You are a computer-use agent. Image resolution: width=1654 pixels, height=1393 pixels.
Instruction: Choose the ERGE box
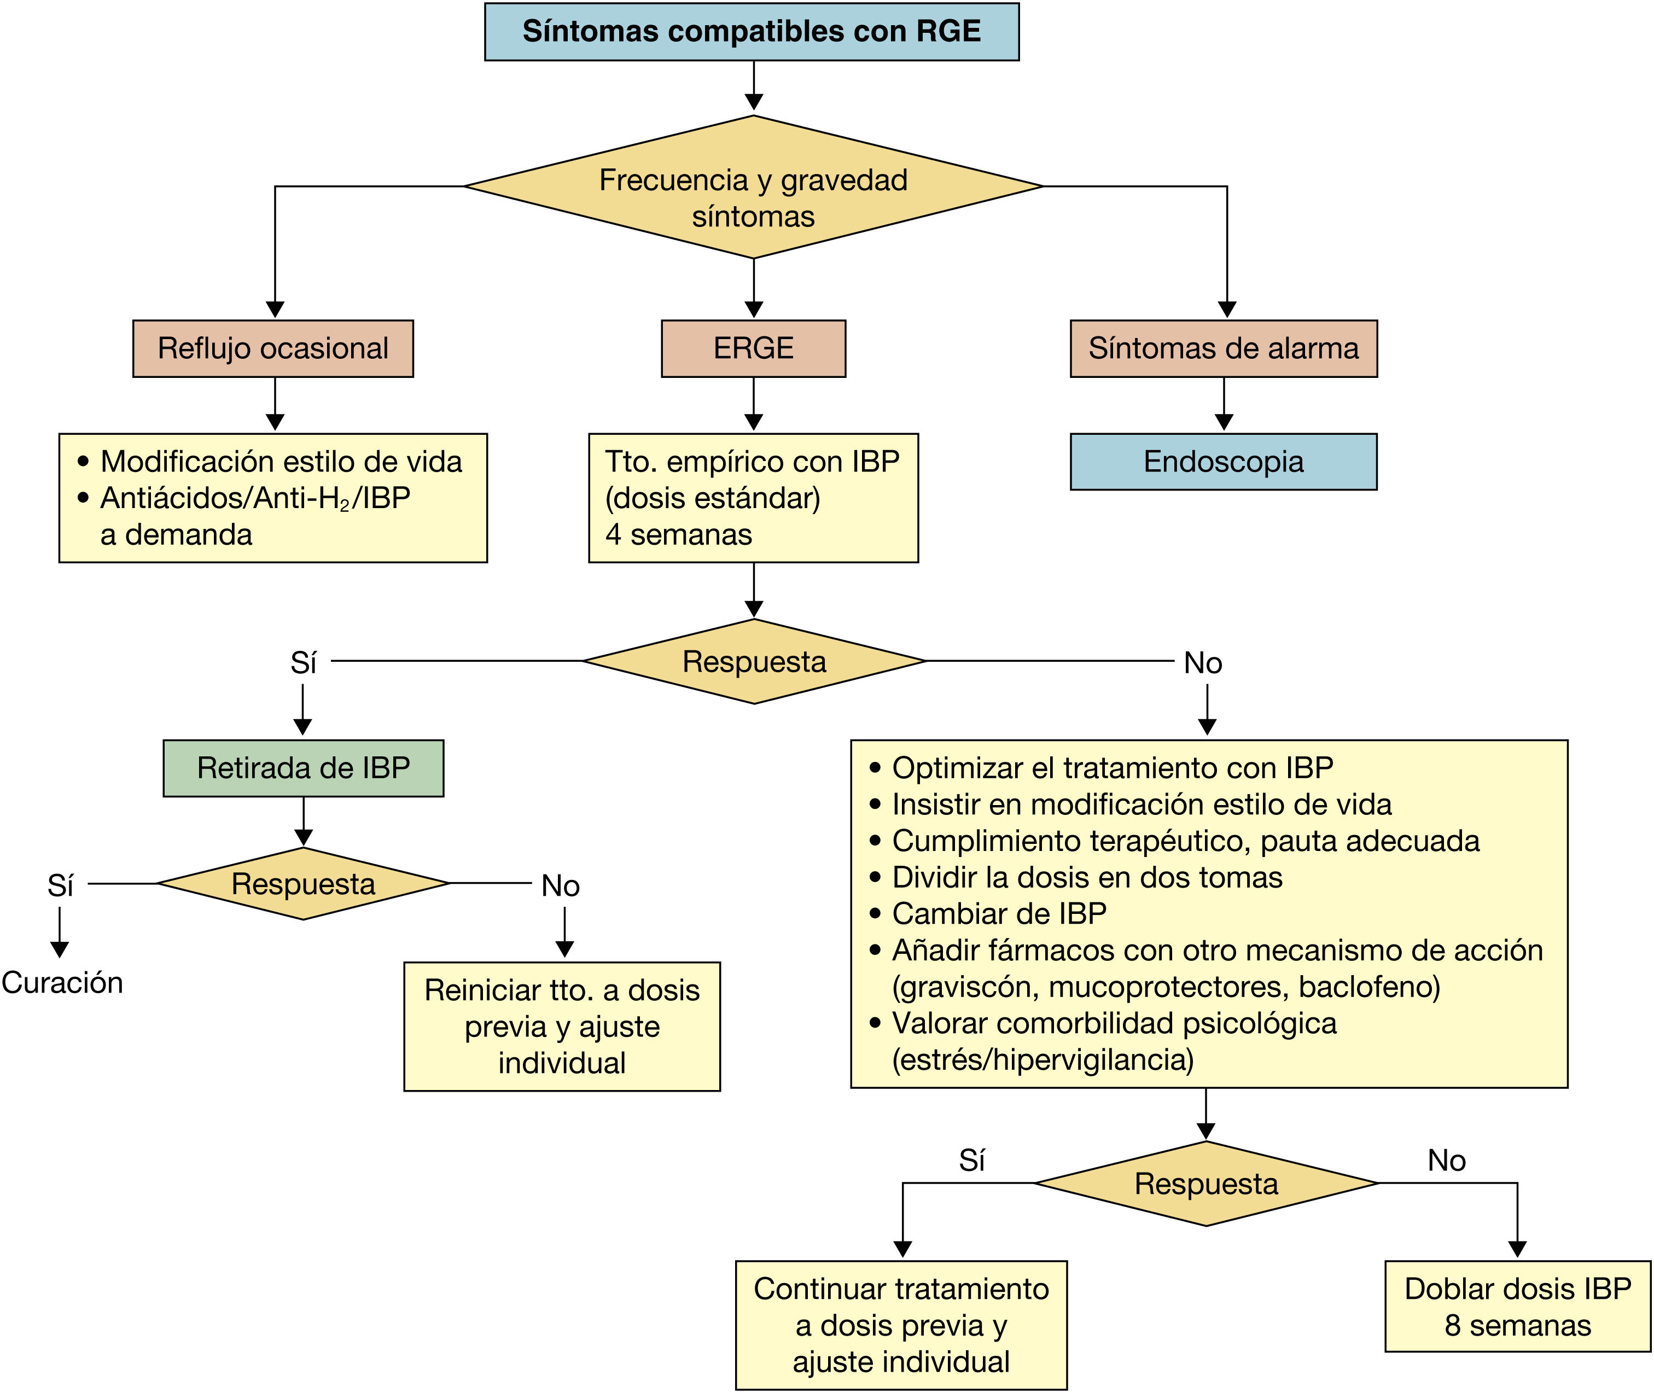754,348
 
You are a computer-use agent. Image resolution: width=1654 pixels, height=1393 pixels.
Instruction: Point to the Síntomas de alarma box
1224,348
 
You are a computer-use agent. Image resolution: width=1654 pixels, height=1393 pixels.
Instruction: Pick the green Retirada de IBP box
304,767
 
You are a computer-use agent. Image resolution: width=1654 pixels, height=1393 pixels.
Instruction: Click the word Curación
62,982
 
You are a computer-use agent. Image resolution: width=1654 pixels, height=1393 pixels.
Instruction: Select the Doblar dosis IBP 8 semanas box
1517,1306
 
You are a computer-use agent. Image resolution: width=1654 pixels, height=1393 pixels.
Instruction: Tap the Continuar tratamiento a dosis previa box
901,1324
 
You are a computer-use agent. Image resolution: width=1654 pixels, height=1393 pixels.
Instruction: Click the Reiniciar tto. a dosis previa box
562,1026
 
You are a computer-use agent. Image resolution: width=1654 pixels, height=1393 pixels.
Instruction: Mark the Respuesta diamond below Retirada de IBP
304,884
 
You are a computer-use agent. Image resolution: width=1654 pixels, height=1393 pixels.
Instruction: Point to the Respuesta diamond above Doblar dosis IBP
1206,1184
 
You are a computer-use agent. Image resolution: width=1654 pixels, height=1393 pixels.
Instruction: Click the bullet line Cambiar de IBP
999,914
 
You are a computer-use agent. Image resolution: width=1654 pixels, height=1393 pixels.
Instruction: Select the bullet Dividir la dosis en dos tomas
1087,877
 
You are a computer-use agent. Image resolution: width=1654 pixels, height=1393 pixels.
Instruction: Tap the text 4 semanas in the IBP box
679,535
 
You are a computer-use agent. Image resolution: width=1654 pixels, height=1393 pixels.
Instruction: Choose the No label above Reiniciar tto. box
560,885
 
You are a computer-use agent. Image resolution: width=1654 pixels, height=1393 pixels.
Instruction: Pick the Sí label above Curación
60,885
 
